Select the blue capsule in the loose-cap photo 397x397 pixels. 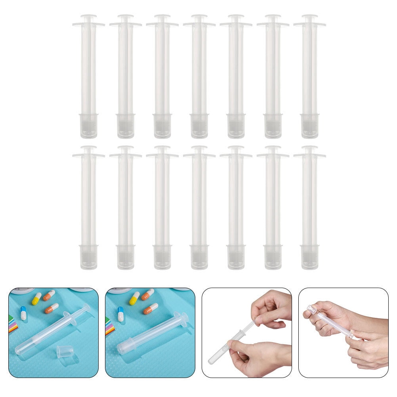click(x=23, y=313)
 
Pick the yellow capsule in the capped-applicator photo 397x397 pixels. click(x=134, y=298)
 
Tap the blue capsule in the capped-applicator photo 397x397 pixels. click(x=121, y=313)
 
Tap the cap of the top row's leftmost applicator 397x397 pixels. click(x=89, y=126)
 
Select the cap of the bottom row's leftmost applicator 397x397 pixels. click(x=89, y=257)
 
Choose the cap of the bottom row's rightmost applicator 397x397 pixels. click(x=310, y=257)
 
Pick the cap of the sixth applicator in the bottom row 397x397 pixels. click(x=273, y=257)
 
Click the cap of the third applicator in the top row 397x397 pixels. click(x=162, y=126)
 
